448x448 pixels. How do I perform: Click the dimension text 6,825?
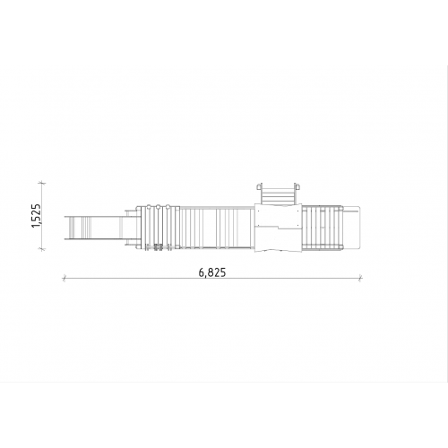tap(212, 272)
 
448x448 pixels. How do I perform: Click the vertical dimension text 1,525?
tap(36, 216)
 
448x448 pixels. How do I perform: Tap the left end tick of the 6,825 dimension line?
tap(64, 279)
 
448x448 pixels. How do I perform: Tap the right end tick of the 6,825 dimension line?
tap(360, 279)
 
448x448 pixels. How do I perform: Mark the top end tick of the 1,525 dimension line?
tap(42, 183)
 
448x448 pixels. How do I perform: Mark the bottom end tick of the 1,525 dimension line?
tap(42, 248)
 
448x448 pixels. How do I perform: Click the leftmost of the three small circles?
tap(148, 206)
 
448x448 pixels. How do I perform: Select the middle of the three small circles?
tap(158, 206)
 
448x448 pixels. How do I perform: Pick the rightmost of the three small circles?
tap(168, 206)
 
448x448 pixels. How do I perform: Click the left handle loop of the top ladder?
tap(259, 186)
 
